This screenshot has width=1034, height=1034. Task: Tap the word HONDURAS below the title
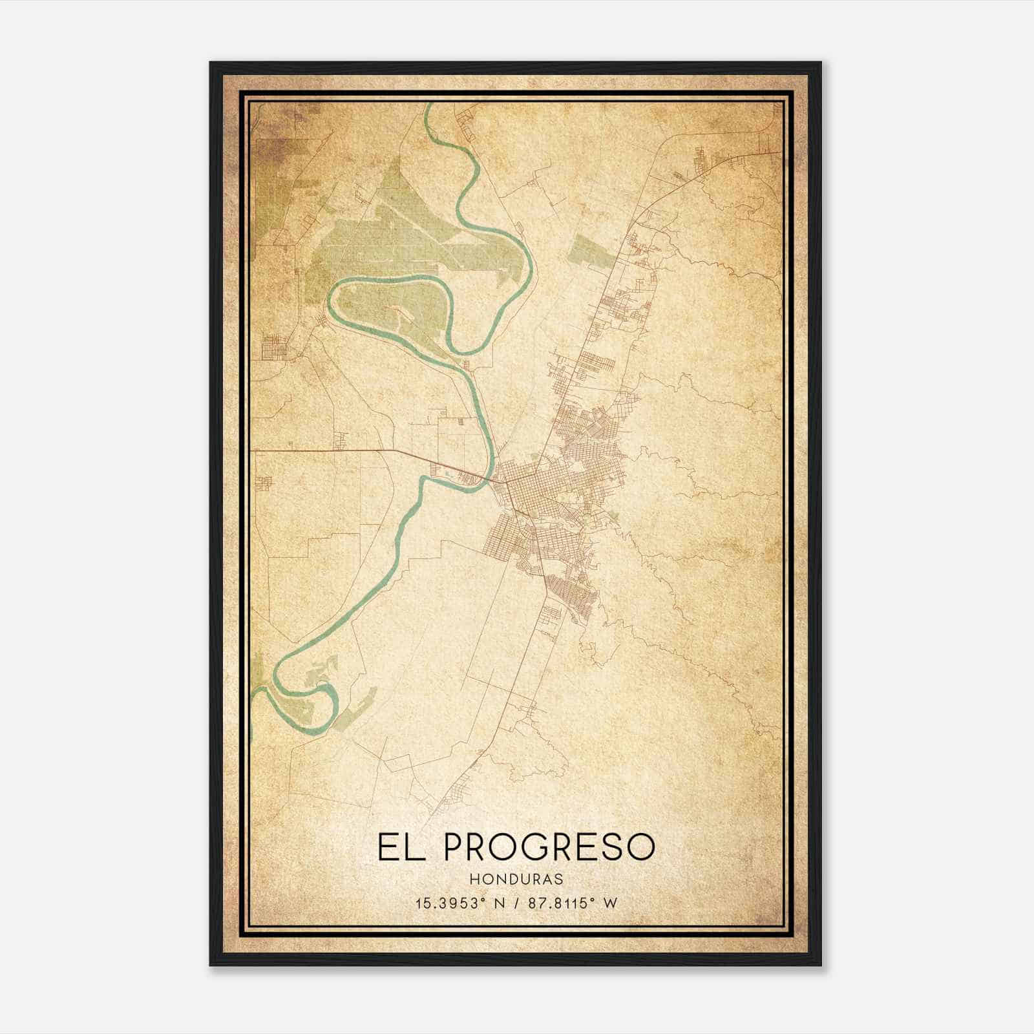click(x=516, y=880)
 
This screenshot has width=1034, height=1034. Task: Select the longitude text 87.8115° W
click(x=572, y=903)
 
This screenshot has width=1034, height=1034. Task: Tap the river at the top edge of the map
click(x=428, y=110)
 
